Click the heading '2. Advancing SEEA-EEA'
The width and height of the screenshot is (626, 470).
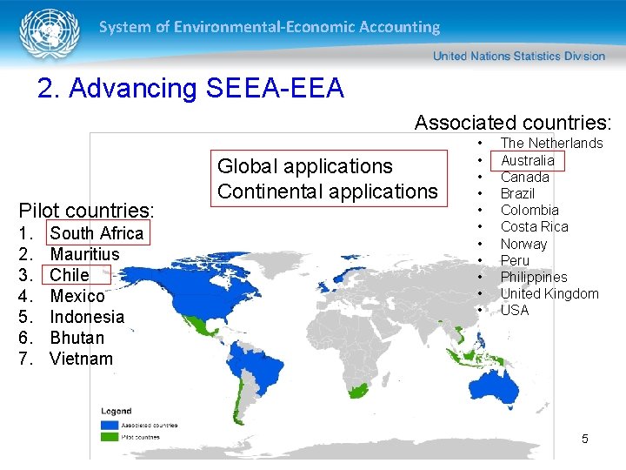[x=190, y=89]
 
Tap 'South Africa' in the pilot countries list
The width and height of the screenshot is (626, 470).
[x=97, y=233]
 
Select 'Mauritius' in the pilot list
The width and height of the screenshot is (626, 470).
[x=84, y=254]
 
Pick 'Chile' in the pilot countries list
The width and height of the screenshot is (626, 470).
[x=70, y=275]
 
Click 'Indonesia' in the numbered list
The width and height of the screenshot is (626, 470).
[x=87, y=317]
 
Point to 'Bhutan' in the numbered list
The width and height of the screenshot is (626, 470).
[x=77, y=338]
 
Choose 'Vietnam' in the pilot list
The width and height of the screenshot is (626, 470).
[x=81, y=359]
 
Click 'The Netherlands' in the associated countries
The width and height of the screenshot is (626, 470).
[x=551, y=143]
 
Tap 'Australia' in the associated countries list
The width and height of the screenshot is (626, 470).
[x=527, y=160]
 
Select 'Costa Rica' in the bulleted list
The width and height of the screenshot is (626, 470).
[x=534, y=227]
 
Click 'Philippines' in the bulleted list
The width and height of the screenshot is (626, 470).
[x=533, y=278]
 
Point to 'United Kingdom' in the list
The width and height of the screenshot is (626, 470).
[x=549, y=294]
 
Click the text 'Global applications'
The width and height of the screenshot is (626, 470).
[x=304, y=166]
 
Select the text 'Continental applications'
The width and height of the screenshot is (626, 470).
[x=327, y=191]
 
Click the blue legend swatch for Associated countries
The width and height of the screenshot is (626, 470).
[x=110, y=426]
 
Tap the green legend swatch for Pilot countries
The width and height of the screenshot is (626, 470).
[x=110, y=437]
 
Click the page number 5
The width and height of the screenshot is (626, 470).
[x=584, y=440]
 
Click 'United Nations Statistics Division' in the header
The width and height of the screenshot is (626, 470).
[x=518, y=57]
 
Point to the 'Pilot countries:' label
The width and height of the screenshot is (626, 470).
[x=86, y=211]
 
